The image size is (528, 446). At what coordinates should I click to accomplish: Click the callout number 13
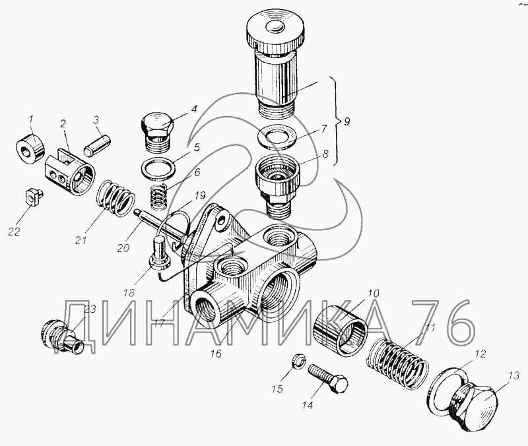click(514, 376)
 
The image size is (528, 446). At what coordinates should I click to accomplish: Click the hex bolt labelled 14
click(327, 378)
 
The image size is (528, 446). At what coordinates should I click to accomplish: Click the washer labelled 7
click(276, 137)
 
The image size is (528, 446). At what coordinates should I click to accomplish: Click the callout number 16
click(216, 354)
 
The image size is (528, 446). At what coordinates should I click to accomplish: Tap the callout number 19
click(200, 195)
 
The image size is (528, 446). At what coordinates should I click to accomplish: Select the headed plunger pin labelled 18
click(159, 253)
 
